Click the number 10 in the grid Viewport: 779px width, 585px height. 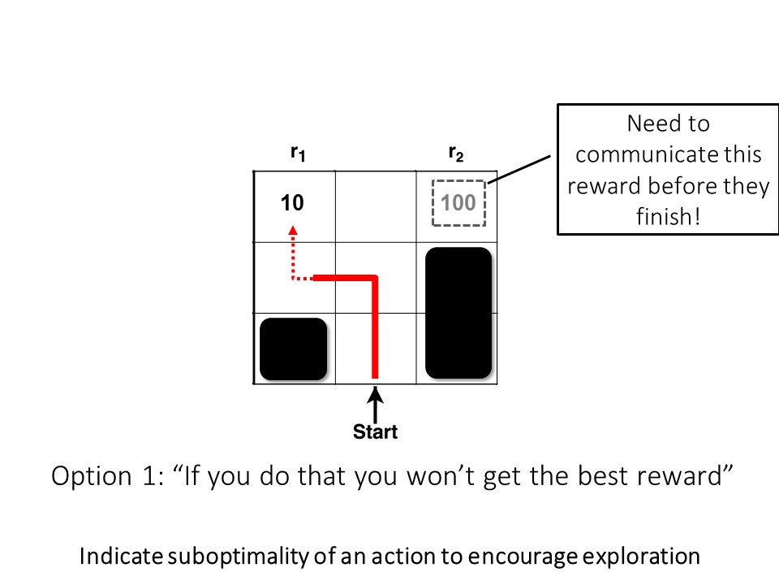click(x=292, y=202)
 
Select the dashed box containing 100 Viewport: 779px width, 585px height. click(x=458, y=181)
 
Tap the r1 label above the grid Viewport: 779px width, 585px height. click(x=298, y=154)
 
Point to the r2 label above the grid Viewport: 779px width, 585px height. click(x=456, y=154)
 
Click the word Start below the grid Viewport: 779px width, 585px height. click(x=375, y=431)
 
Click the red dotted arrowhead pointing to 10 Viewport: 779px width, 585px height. click(x=293, y=230)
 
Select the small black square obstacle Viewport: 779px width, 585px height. click(x=293, y=349)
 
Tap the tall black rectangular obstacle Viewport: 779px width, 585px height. click(x=458, y=313)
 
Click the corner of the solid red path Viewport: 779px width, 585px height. click(x=375, y=278)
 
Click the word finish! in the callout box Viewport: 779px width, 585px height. click(x=668, y=216)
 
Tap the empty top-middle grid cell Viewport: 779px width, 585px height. click(x=376, y=206)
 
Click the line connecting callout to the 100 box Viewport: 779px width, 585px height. click(x=519, y=169)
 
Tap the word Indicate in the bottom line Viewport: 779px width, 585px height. click(x=121, y=556)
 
